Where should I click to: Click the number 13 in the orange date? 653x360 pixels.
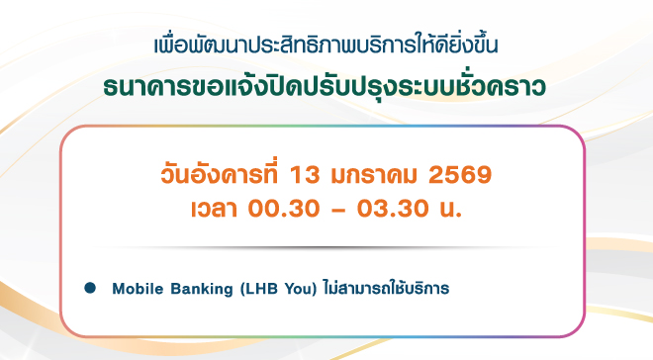click(x=304, y=175)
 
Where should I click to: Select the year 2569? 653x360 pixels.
click(x=460, y=175)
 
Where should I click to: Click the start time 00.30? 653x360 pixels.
click(x=284, y=208)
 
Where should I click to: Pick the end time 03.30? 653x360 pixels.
click(x=393, y=208)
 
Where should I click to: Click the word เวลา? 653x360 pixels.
click(x=214, y=208)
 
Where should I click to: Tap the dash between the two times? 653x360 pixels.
click(x=338, y=211)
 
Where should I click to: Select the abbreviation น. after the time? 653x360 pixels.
click(x=451, y=209)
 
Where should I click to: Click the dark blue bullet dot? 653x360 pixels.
click(x=90, y=288)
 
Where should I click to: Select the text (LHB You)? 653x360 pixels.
click(x=279, y=289)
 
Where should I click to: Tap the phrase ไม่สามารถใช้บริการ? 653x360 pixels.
click(x=387, y=288)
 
